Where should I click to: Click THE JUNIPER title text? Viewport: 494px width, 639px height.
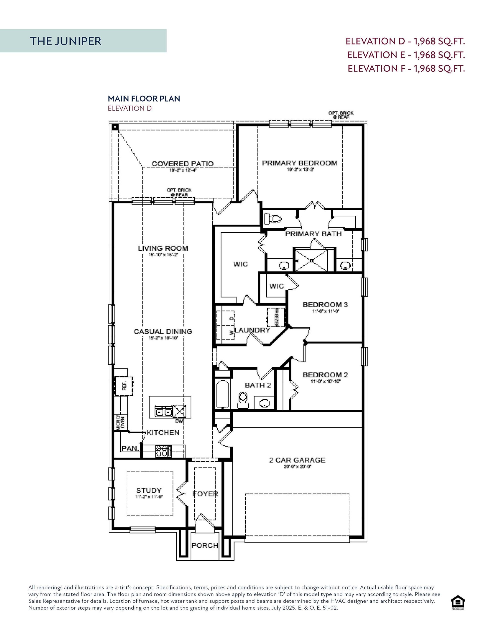pyautogui.click(x=66, y=41)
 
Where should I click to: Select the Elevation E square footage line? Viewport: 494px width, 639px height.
pyautogui.click(x=406, y=55)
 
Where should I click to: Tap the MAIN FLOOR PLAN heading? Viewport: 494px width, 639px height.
pyautogui.click(x=144, y=99)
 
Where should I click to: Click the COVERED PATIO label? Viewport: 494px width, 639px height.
pyautogui.click(x=182, y=163)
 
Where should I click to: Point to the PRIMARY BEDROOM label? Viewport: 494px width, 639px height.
pyautogui.click(x=299, y=163)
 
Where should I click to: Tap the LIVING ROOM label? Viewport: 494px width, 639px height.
pyautogui.click(x=163, y=248)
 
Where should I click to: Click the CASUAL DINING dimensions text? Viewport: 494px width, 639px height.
pyautogui.click(x=163, y=338)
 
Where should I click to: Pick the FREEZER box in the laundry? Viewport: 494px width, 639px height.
pyautogui.click(x=275, y=317)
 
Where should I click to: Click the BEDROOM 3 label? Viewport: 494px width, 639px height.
pyautogui.click(x=325, y=305)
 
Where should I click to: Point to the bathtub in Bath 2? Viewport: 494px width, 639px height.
pyautogui.click(x=223, y=394)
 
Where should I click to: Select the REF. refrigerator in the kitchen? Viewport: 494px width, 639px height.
pyautogui.click(x=124, y=386)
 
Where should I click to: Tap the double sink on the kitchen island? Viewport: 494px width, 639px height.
pyautogui.click(x=163, y=412)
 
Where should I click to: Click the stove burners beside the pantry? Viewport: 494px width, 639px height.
pyautogui.click(x=163, y=451)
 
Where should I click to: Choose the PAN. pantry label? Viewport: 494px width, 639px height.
pyautogui.click(x=130, y=448)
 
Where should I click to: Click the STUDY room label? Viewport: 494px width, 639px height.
pyautogui.click(x=149, y=490)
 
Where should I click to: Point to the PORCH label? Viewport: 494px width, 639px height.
pyautogui.click(x=205, y=545)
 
